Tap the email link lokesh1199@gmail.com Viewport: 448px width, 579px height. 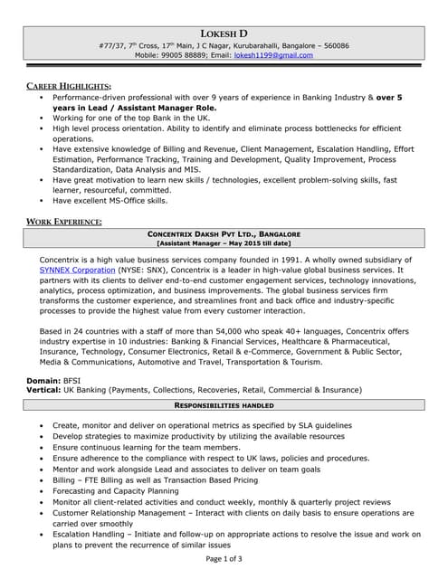(272, 55)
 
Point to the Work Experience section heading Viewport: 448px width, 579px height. (63, 221)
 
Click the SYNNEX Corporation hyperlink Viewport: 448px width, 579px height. (77, 270)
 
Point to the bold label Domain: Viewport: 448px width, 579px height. (43, 381)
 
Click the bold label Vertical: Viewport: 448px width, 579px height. (45, 391)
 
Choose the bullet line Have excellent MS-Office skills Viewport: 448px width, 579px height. (110, 201)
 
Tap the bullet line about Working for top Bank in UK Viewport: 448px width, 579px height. (130, 117)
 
